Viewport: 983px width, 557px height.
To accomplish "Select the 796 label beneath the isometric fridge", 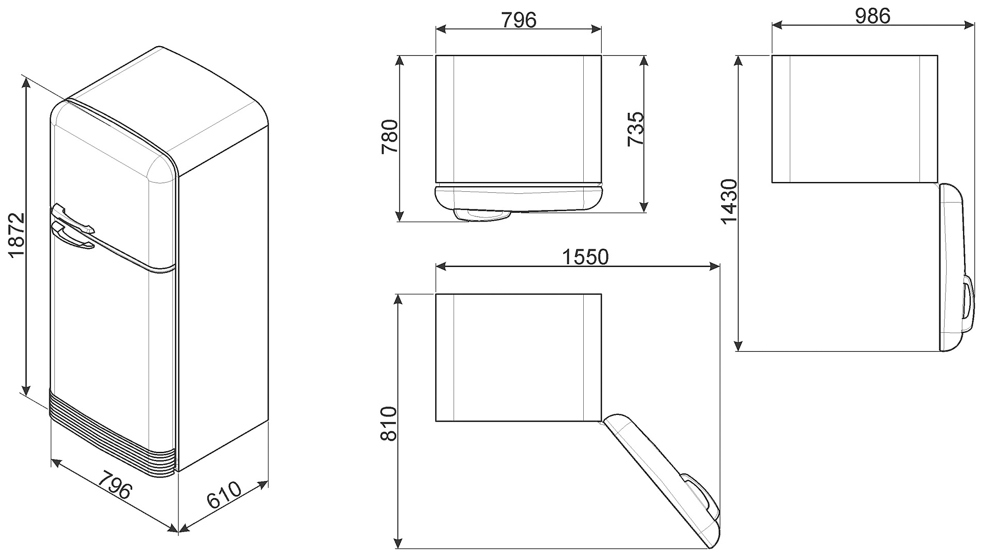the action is click(x=115, y=484).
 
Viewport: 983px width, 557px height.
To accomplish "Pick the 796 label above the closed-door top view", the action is click(x=518, y=19).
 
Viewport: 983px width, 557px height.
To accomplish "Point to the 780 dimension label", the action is click(x=390, y=136).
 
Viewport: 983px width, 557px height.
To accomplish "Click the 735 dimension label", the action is click(x=636, y=129).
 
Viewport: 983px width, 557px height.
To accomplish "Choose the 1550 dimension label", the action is click(x=585, y=256).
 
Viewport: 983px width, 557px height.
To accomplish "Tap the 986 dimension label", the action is click(x=872, y=16).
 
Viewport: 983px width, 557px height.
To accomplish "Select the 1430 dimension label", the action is click(x=729, y=202).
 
